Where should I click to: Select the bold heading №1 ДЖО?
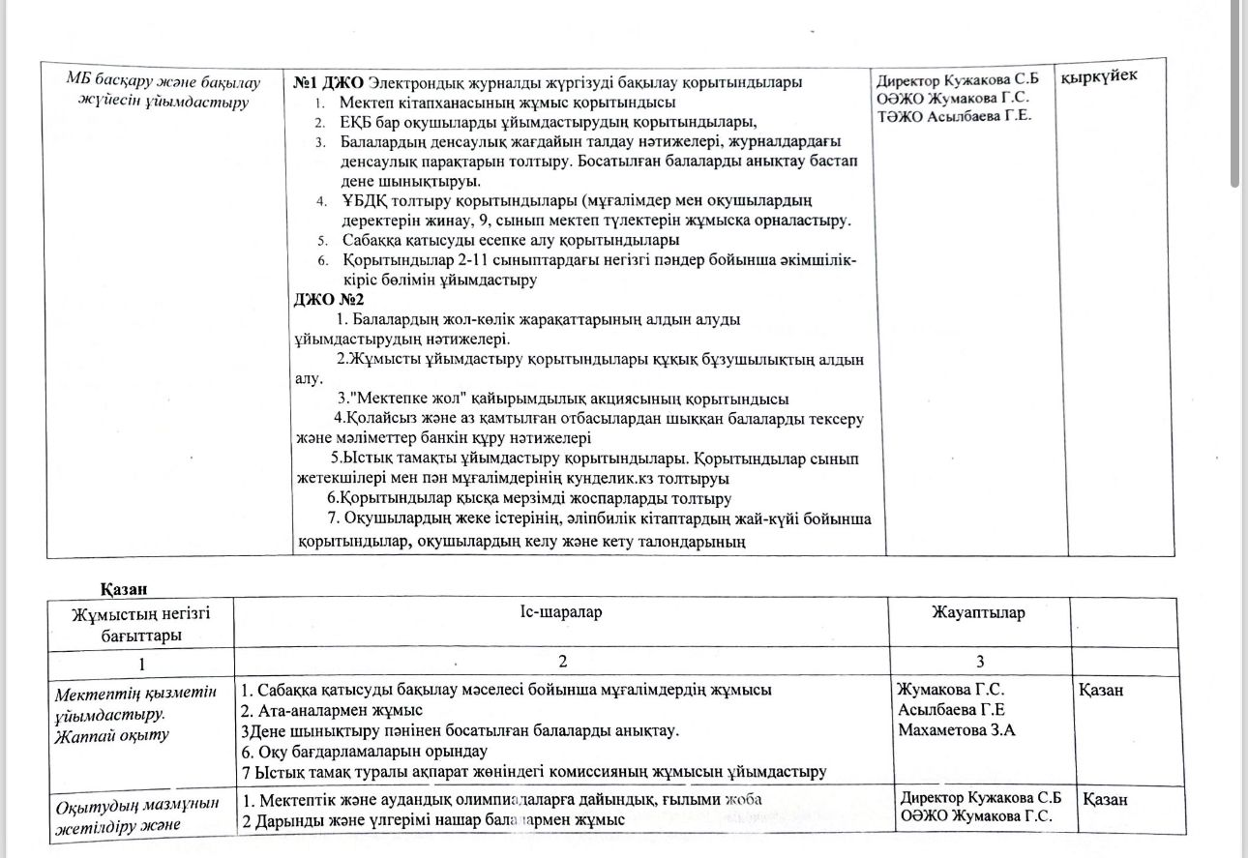330,82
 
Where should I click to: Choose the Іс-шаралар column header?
560,612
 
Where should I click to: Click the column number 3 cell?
979,662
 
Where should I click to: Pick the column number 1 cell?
141,664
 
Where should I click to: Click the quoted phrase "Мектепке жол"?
401,399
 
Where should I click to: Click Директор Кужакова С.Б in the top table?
944,81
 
